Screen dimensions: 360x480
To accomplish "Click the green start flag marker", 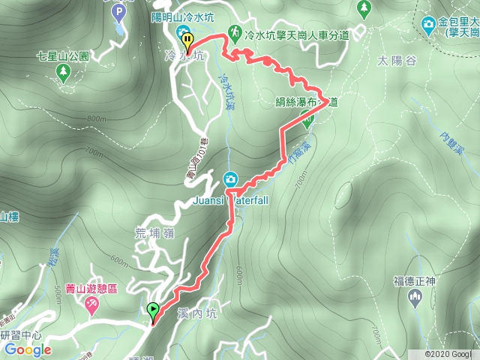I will [x=154, y=309].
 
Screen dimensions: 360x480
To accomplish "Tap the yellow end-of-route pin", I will [x=187, y=41].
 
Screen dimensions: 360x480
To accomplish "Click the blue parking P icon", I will [x=118, y=12].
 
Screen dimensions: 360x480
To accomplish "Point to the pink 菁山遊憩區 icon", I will [x=91, y=304].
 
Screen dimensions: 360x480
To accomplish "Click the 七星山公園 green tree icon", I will [x=63, y=72].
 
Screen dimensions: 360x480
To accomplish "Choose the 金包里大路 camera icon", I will [x=428, y=24].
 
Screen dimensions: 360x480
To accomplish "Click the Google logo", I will [x=28, y=349].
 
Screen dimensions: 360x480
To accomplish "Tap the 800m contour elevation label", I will [x=96, y=118].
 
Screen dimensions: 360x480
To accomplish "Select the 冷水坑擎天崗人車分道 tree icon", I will [x=238, y=34].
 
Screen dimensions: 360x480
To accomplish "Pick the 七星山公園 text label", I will [x=63, y=56].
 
